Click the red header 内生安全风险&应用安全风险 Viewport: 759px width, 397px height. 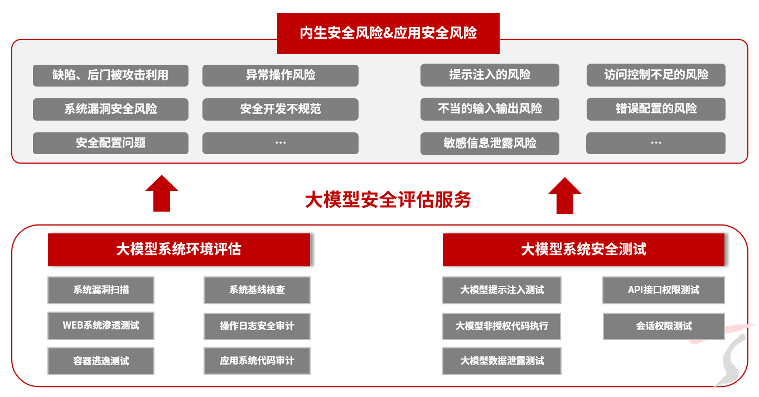point(388,33)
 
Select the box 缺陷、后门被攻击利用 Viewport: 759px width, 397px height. point(110,75)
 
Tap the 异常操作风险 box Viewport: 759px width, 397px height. point(280,75)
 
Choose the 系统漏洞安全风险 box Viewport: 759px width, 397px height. point(110,109)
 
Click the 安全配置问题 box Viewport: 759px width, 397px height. point(110,143)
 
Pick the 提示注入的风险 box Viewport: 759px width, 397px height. point(490,75)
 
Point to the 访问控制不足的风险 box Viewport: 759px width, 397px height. point(656,75)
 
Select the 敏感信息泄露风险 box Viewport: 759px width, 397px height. point(490,143)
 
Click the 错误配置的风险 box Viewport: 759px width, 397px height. point(656,109)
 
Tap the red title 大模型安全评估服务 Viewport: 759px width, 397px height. point(388,199)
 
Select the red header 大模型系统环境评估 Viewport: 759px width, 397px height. point(179,249)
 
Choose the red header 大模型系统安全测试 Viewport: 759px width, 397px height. point(583,249)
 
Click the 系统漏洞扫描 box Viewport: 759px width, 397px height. point(101,290)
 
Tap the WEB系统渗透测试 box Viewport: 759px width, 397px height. point(101,326)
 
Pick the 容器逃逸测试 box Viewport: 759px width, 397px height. point(101,361)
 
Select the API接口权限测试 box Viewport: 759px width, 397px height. point(663,290)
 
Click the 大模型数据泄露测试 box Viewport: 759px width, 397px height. point(502,361)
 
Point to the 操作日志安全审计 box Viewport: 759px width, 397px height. point(257,326)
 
